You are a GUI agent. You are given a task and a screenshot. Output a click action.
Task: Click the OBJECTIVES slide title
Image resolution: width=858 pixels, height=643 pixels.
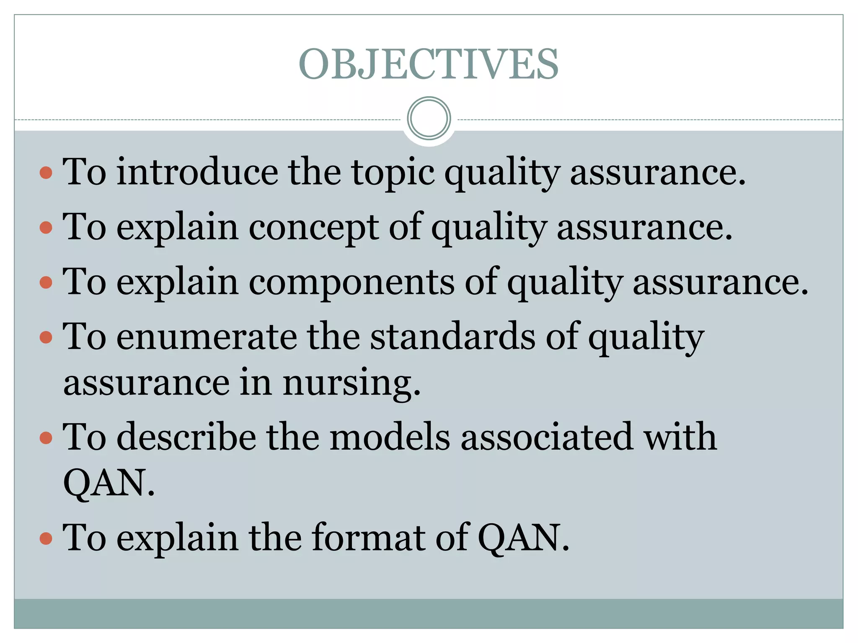click(429, 64)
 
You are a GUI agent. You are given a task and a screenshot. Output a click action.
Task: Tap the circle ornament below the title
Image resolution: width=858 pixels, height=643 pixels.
click(429, 118)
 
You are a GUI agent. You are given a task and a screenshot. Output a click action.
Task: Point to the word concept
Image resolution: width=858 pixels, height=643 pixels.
click(314, 227)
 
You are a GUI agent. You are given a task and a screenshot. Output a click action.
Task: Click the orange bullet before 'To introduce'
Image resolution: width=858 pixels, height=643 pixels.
click(46, 172)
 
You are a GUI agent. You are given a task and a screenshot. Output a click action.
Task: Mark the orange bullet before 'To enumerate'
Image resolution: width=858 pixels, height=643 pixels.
click(46, 337)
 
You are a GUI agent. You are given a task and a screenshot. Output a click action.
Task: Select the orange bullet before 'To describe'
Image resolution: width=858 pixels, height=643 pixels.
click(46, 438)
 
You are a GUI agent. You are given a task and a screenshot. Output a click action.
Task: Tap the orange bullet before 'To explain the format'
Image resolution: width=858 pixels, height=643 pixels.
click(46, 538)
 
